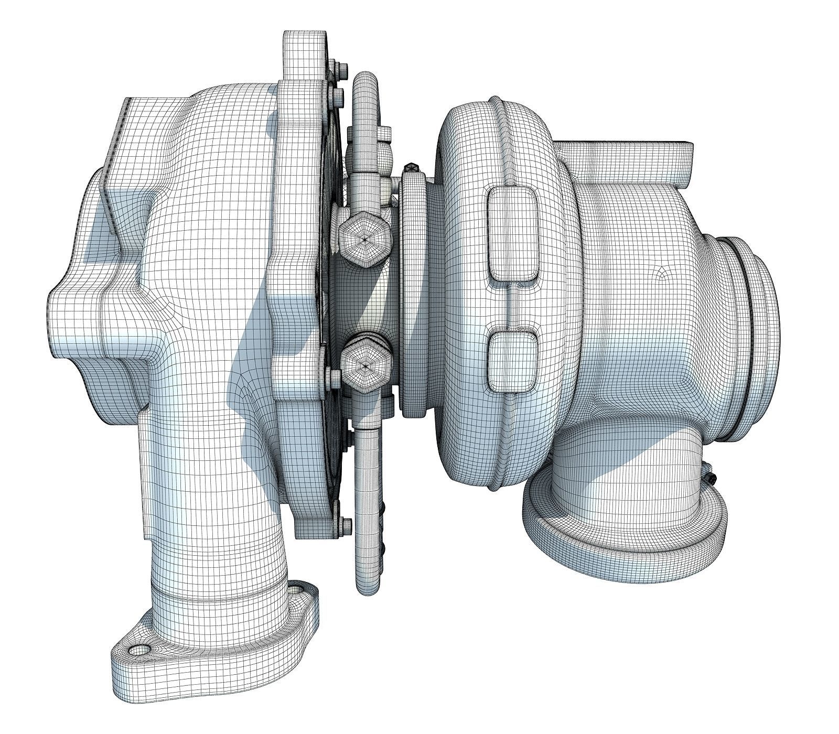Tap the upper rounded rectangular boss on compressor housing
[512, 233]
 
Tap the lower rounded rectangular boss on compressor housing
[513, 362]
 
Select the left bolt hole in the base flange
[139, 651]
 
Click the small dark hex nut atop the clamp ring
[411, 168]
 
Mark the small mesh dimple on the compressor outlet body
[663, 273]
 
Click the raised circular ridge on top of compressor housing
[498, 107]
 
